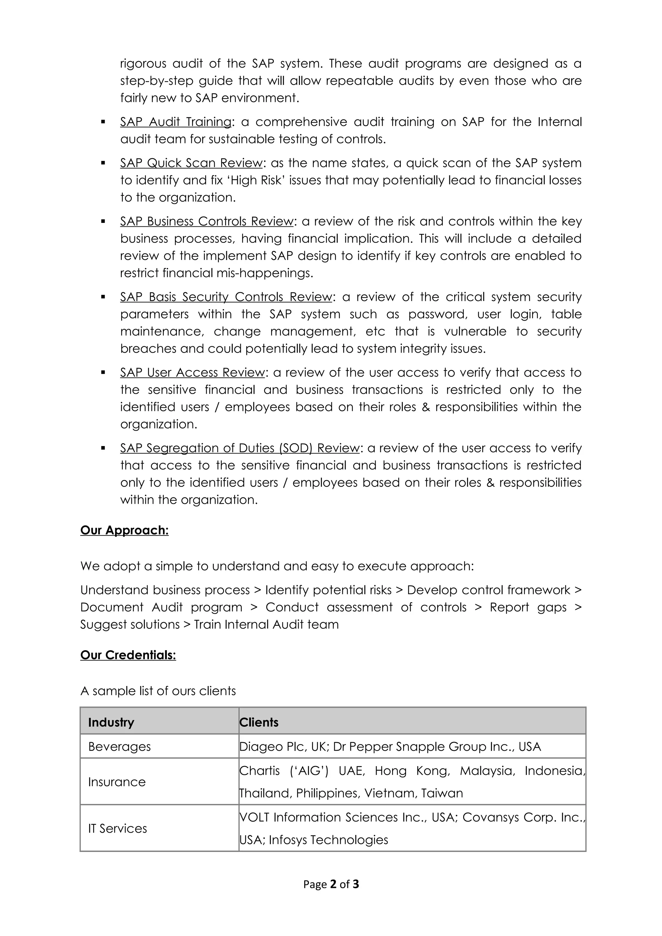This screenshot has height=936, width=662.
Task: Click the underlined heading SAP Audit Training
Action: point(176,122)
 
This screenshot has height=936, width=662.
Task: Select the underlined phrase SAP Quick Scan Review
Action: point(191,163)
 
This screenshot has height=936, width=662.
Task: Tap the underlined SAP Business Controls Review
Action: point(207,221)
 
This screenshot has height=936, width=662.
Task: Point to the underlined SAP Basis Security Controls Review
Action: point(226,297)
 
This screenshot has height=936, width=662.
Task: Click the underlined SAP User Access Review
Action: point(193,373)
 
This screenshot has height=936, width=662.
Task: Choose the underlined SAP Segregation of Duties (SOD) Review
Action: point(240,448)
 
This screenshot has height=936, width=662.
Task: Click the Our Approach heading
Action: point(124,530)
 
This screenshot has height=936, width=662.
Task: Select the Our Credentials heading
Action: point(128,655)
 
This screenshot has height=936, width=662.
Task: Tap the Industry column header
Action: point(111,723)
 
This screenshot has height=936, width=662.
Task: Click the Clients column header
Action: point(259,723)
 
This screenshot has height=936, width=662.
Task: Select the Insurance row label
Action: point(117,782)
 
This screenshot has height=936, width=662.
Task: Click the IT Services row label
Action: point(117,829)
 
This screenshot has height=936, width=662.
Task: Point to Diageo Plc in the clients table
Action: point(269,747)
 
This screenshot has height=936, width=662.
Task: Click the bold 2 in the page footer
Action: point(333,884)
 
